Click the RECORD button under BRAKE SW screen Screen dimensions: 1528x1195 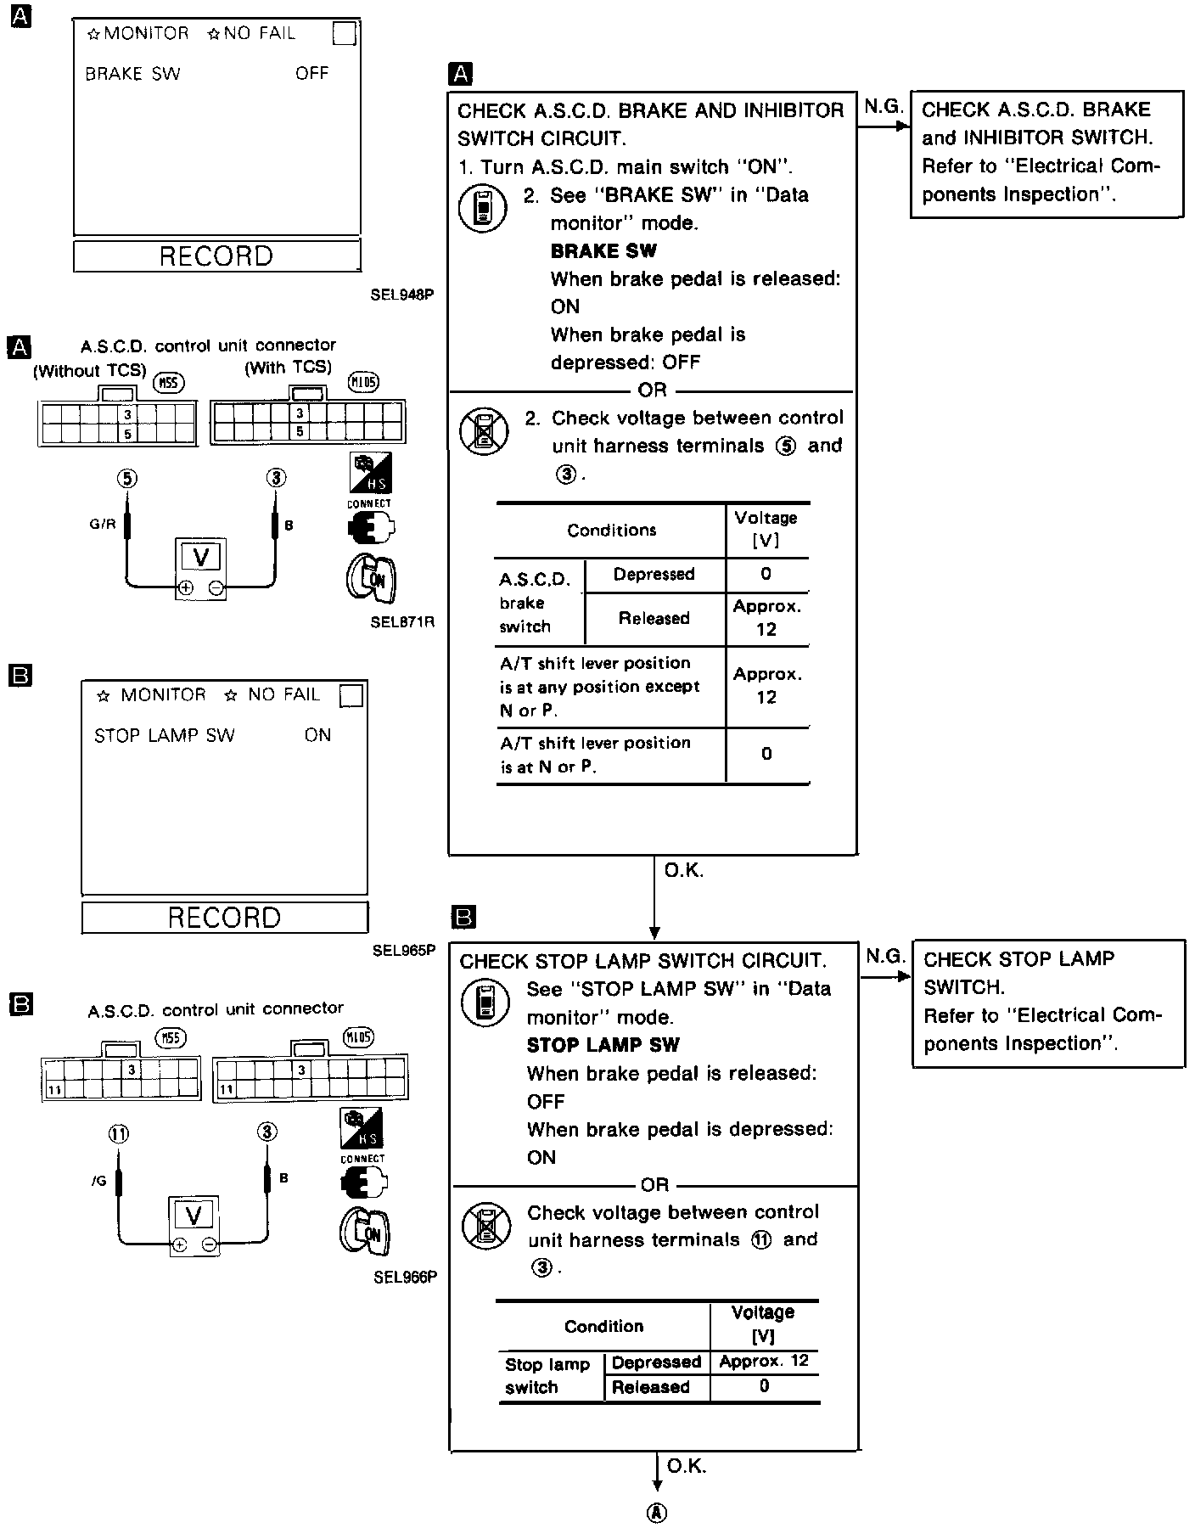coord(216,256)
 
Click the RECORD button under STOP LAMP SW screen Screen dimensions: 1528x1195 coord(224,917)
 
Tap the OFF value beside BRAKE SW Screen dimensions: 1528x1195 coord(311,73)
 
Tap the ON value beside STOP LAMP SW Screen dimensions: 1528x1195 coord(317,735)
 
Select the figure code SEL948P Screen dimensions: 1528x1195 coord(402,295)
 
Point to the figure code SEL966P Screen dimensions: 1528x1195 coord(405,1277)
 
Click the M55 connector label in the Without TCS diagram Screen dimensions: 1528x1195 coord(169,385)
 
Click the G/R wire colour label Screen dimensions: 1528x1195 coord(102,524)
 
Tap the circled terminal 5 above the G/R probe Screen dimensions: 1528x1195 coord(126,478)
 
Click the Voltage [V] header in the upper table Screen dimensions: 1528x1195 coord(766,529)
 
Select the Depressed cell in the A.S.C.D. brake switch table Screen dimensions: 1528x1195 coord(654,575)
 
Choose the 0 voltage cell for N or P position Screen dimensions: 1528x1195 coord(766,754)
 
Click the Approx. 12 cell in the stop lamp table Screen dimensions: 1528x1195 coord(764,1362)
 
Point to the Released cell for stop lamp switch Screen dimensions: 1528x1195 coord(651,1387)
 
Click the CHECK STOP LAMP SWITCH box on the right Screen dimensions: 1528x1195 coord(1047,1002)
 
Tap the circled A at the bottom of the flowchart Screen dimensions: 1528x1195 coord(656,1513)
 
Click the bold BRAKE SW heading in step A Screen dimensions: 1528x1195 coord(603,251)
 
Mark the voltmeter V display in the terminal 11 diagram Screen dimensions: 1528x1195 coord(194,1216)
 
